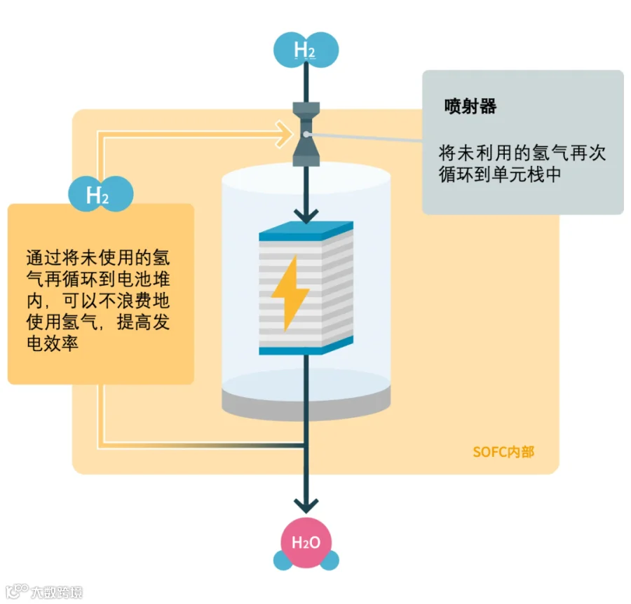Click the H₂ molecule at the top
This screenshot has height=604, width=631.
pos(306,50)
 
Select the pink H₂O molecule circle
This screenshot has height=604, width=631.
pos(306,542)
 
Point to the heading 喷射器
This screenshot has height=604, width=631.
pos(470,107)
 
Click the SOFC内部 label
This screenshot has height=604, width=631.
pos(503,452)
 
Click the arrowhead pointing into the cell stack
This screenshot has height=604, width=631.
pos(306,214)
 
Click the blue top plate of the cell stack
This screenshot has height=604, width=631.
pos(306,231)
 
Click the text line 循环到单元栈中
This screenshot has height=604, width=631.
pos(500,175)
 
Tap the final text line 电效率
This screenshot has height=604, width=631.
pos(51,344)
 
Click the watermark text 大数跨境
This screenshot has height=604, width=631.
pos(56,592)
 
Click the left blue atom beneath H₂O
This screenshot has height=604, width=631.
pos(283,561)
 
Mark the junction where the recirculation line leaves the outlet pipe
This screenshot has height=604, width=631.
pos(306,444)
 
